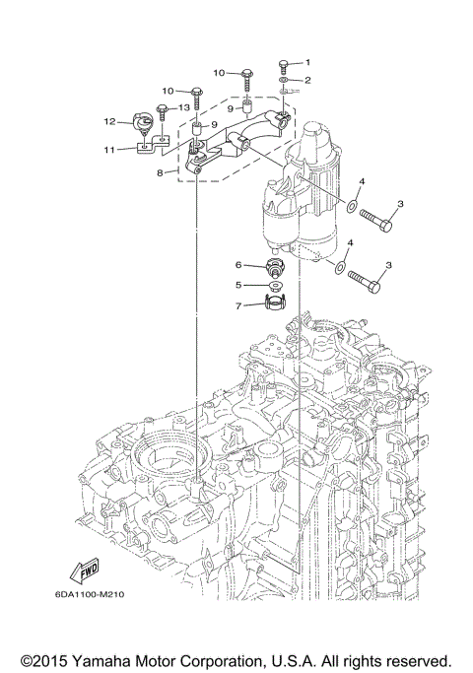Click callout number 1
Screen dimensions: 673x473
(x=306, y=63)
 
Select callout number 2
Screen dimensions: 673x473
(x=306, y=79)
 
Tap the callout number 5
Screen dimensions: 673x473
(x=237, y=286)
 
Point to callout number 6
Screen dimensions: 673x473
(x=237, y=265)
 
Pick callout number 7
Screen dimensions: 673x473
(x=237, y=306)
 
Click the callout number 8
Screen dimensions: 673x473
(x=160, y=173)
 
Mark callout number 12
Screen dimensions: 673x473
(x=111, y=122)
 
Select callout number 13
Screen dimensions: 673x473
(x=183, y=106)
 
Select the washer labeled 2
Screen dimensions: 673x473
(x=283, y=80)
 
